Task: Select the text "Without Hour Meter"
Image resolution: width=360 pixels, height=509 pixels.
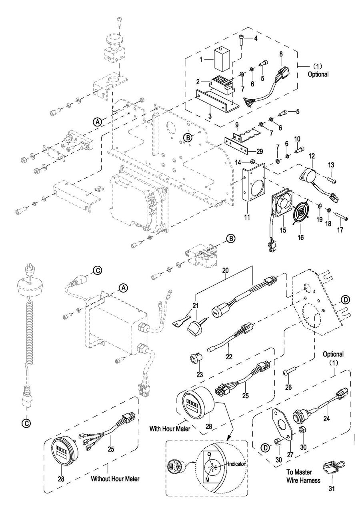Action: click(115, 478)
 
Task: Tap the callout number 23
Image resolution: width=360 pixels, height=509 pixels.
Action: click(199, 375)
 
